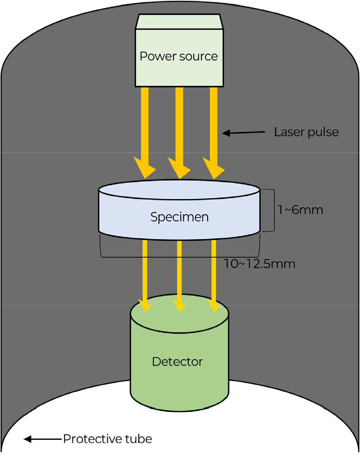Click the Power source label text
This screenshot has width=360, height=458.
click(x=179, y=56)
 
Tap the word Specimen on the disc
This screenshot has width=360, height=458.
click(x=179, y=217)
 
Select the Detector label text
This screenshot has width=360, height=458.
click(x=177, y=361)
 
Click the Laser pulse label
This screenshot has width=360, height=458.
click(x=306, y=132)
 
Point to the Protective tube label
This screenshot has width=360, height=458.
click(x=107, y=439)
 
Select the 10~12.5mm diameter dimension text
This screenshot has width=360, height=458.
click(x=260, y=264)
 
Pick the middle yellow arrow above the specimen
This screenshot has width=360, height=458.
click(x=179, y=129)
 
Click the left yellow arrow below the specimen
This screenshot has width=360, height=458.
click(x=145, y=271)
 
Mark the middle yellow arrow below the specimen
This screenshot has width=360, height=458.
click(x=179, y=271)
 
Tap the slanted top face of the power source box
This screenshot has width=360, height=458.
click(x=179, y=22)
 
